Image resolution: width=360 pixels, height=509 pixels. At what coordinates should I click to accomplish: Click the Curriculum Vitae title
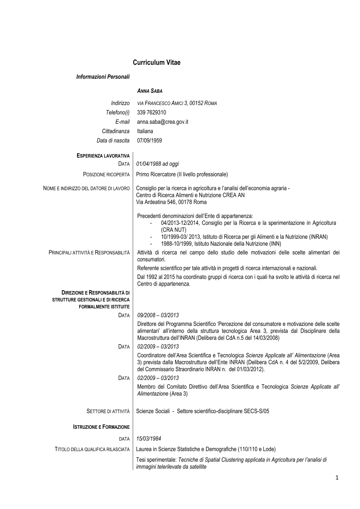click(156, 63)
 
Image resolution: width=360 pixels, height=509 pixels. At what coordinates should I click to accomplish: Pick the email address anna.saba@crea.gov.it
click(162, 122)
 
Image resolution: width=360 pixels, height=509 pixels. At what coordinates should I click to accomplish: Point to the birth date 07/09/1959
click(149, 141)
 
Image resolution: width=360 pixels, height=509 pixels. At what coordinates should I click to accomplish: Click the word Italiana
click(145, 131)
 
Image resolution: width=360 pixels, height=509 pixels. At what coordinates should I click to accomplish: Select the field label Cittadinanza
click(116, 131)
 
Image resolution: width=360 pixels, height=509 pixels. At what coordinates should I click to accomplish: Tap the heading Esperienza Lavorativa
click(103, 156)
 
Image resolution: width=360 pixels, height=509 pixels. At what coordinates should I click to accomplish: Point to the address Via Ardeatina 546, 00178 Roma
click(171, 202)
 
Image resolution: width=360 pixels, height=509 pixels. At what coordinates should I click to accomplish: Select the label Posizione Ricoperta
click(106, 175)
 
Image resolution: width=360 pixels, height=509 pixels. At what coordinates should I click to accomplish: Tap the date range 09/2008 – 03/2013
click(158, 315)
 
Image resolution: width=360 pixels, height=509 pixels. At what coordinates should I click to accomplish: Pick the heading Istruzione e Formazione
click(101, 427)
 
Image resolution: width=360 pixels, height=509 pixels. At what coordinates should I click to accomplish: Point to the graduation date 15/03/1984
click(149, 439)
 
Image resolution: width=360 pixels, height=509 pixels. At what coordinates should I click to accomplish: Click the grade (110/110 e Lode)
click(257, 449)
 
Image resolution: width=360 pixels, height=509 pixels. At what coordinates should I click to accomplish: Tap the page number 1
click(337, 478)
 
